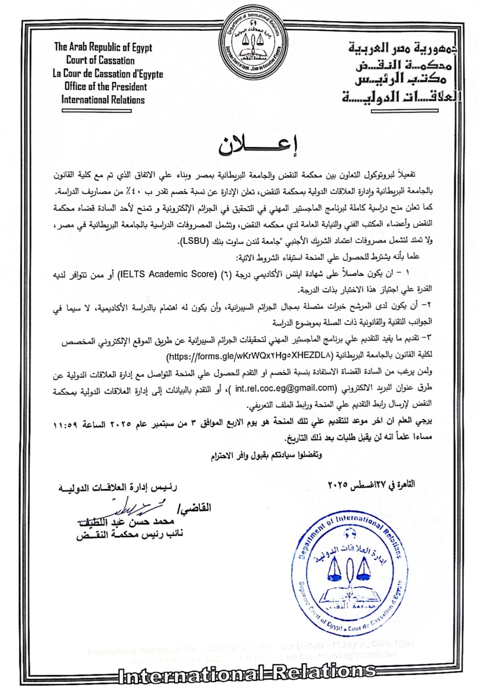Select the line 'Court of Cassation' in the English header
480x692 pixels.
coord(100,60)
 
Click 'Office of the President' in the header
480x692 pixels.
coord(105,87)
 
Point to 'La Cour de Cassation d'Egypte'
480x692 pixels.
coord(108,74)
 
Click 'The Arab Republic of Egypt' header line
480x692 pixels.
coord(103,47)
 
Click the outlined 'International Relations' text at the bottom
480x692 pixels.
coord(247,671)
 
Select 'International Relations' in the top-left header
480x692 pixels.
coord(103,100)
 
